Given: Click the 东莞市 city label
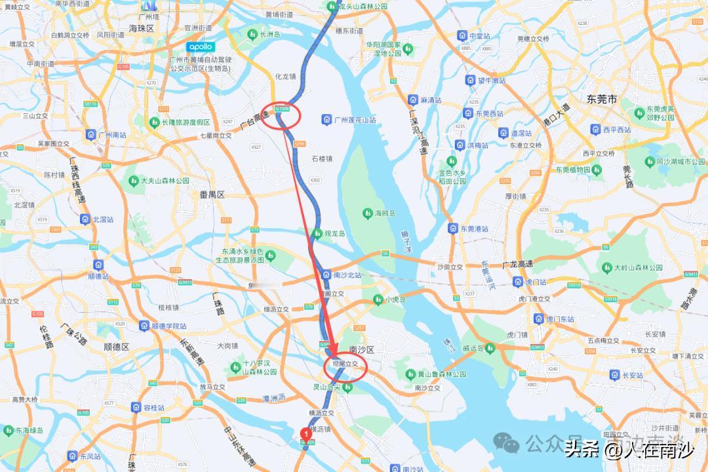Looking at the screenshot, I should pos(602,100).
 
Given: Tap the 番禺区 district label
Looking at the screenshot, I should pos(212,195).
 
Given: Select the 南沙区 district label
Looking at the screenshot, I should pos(361,350).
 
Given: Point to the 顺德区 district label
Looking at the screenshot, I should pos(116,347).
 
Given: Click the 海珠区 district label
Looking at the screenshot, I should pos(141,29).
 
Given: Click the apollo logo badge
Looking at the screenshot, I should pos(200,47).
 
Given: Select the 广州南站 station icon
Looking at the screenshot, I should pos(90,134).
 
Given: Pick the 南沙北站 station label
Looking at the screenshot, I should pos(347,275).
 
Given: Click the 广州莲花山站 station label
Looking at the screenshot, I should pos(355,120).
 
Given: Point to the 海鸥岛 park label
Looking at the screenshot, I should pos(385,214).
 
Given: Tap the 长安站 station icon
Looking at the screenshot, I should pos(616,375).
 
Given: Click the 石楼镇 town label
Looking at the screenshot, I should pos(322,159).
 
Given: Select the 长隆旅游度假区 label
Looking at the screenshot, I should pos(186,123).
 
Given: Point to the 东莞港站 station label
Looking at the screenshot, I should pos(474,229).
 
